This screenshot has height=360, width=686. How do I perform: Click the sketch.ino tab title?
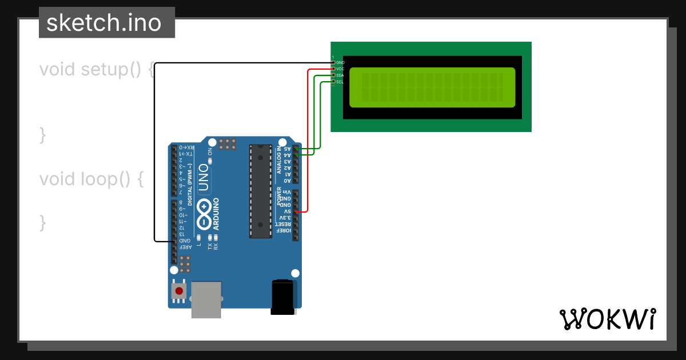click(103, 23)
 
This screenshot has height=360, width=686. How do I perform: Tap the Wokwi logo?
click(607, 318)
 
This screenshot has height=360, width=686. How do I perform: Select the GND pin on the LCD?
click(333, 62)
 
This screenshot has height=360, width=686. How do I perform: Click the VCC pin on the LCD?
click(333, 69)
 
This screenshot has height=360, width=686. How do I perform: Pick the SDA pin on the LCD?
click(333, 75)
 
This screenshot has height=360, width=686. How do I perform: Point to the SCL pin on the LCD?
click(333, 82)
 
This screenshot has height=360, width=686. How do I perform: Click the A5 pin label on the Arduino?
click(288, 149)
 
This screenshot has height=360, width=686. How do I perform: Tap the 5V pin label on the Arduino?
click(288, 211)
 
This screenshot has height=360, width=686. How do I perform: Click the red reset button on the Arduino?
click(179, 291)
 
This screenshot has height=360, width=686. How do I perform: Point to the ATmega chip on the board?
click(261, 191)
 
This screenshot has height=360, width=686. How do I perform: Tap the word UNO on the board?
click(203, 177)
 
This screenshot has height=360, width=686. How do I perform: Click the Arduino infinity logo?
click(204, 214)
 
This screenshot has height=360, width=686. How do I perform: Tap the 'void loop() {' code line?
click(91, 179)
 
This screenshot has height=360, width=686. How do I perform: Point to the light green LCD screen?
click(432, 87)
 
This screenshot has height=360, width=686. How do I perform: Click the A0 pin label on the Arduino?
click(288, 181)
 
